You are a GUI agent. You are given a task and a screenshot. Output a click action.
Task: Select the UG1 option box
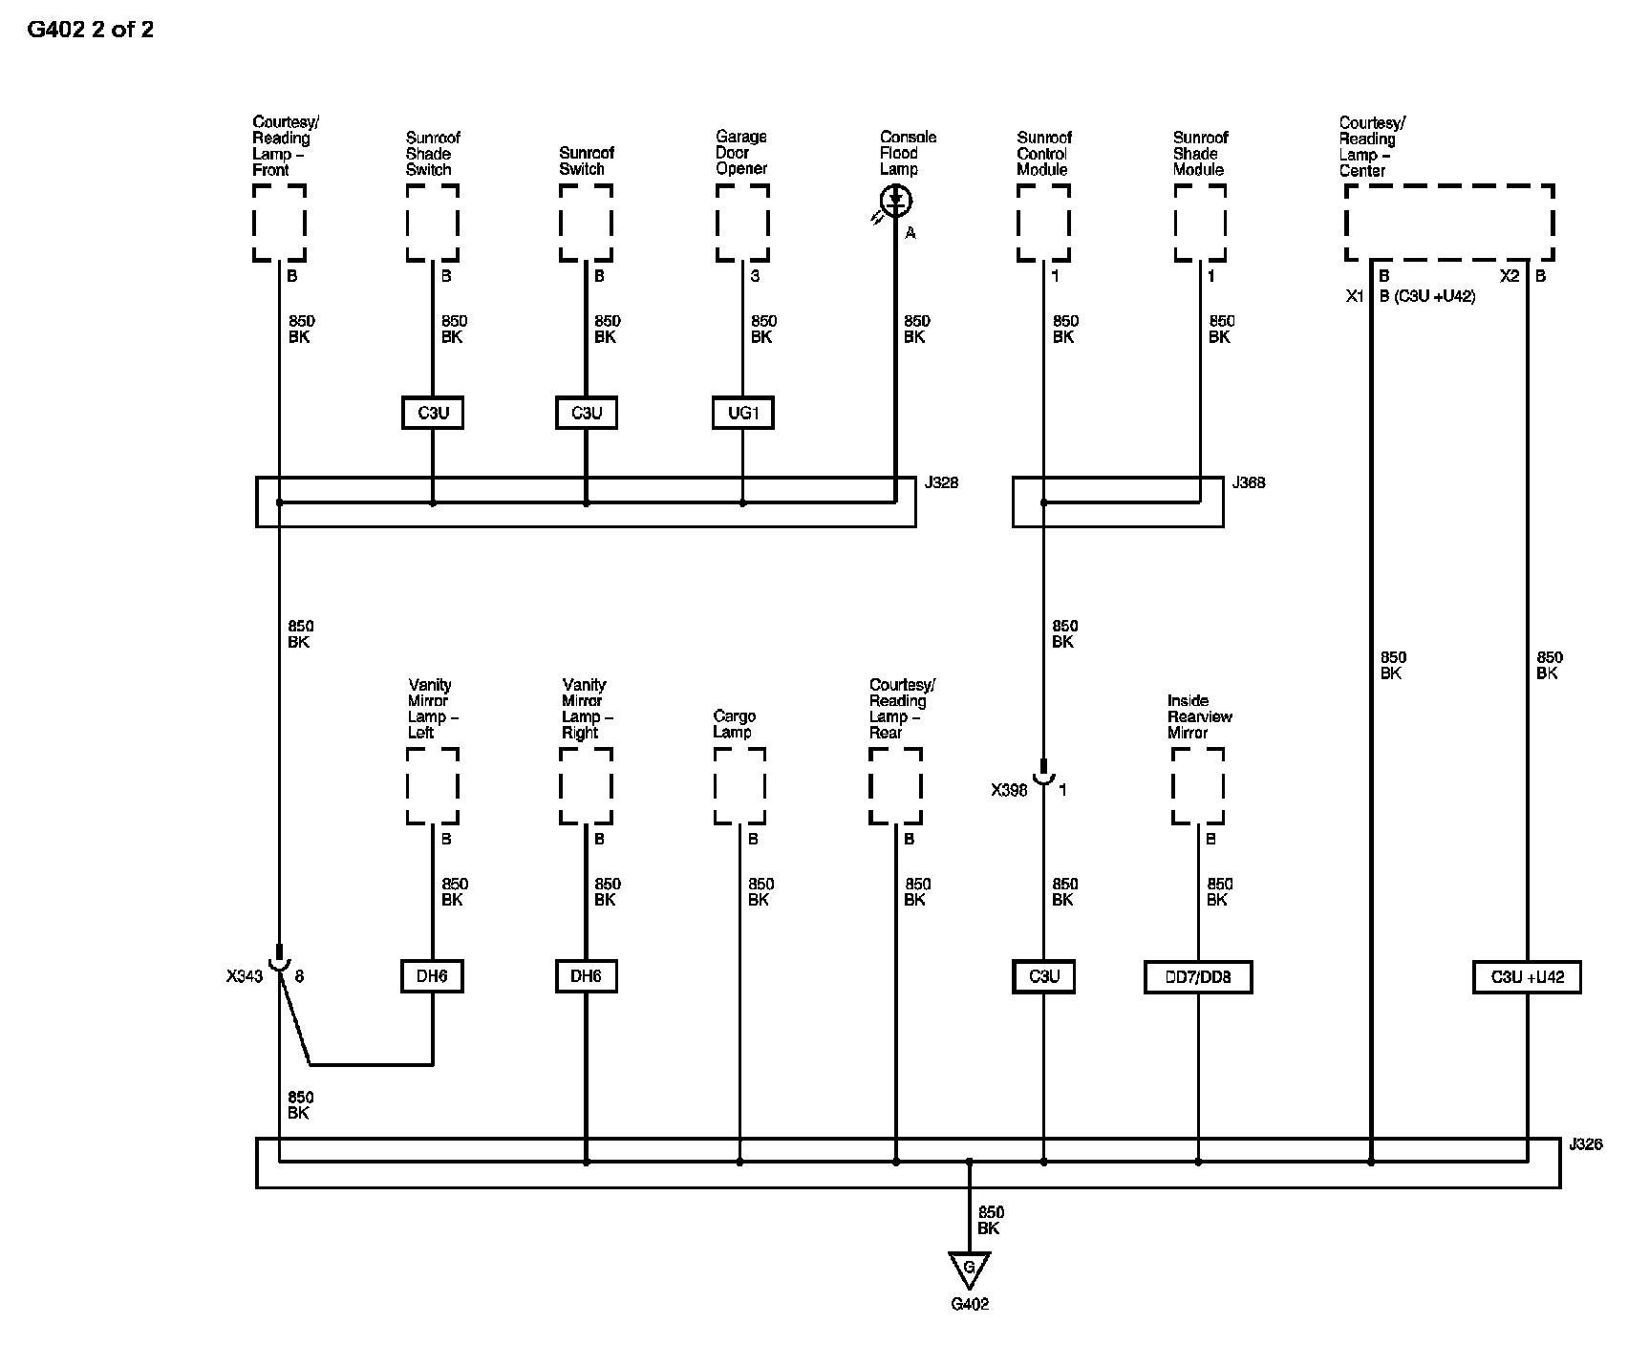[743, 413]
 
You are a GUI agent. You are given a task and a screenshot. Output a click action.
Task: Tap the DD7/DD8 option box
[1198, 976]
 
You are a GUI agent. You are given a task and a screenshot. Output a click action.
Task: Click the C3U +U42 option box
[1527, 976]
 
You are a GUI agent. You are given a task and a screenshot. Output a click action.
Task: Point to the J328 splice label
[941, 482]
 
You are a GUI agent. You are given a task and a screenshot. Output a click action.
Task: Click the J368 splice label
[1249, 482]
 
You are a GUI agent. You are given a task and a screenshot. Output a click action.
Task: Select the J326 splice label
[1586, 1143]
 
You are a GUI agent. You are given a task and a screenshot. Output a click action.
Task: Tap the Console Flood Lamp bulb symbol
[896, 201]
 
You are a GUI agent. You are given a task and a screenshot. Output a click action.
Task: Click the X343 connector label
[244, 976]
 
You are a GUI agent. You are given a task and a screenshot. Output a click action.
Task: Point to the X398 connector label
[1009, 790]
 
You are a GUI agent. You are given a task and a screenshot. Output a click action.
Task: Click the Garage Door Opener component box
[742, 223]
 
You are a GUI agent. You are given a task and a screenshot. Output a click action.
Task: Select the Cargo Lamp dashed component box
[739, 785]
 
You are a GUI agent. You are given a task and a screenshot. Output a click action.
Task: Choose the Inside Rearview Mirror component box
[1198, 785]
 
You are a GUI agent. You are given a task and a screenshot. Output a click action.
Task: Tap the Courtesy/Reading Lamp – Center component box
[1449, 223]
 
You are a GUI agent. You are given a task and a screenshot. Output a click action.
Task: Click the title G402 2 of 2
[90, 30]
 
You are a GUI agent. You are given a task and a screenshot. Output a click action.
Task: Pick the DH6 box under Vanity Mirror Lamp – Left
[432, 976]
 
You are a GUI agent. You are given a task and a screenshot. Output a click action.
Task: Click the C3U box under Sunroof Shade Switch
[433, 413]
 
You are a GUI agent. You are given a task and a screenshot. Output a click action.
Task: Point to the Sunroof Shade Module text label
[1200, 153]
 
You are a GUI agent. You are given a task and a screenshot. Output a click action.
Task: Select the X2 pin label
[1509, 276]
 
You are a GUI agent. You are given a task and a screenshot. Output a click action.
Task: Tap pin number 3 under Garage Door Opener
[755, 276]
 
